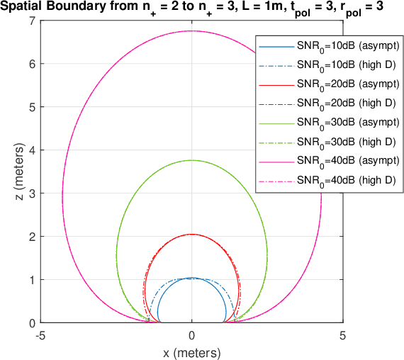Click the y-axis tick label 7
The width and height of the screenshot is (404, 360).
[x=33, y=21]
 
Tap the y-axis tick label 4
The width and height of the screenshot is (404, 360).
[x=33, y=150]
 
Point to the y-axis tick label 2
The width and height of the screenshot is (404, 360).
[x=33, y=237]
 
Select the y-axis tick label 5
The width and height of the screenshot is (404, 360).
[x=33, y=107]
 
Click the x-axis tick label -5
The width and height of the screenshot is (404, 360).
[x=41, y=334]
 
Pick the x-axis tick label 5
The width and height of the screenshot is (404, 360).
[x=342, y=334]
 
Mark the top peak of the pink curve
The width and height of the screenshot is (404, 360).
[x=191, y=31]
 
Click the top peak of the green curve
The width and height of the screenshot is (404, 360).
[x=191, y=160]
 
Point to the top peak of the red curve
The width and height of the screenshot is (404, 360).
[x=191, y=234]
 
